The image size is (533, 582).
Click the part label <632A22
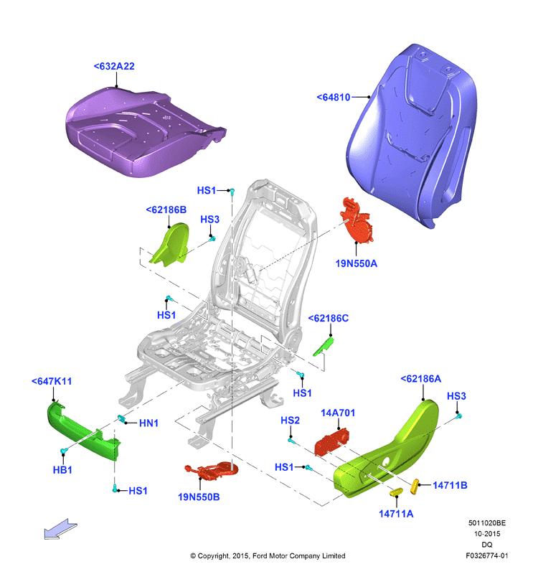pyautogui.click(x=114, y=67)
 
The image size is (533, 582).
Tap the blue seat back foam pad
pyautogui.click(x=412, y=136)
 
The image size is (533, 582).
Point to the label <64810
pyautogui.click(x=333, y=98)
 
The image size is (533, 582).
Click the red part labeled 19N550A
pyautogui.click(x=356, y=221)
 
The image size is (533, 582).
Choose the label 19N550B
pyautogui.click(x=199, y=497)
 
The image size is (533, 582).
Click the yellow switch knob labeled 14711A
pyautogui.click(x=396, y=492)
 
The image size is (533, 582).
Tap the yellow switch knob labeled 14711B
pyautogui.click(x=415, y=486)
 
